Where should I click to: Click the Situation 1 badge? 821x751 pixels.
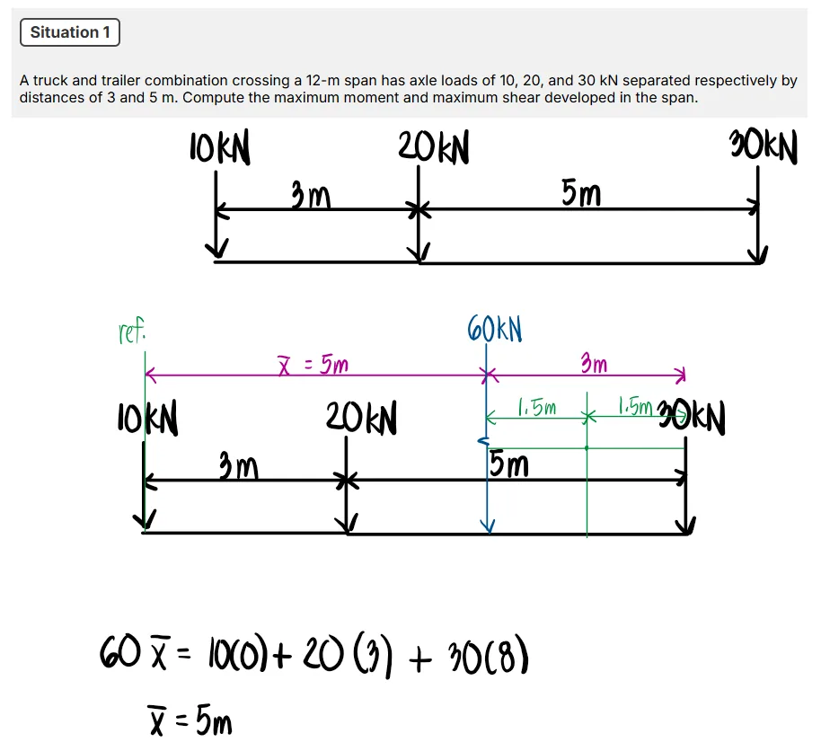coord(69,33)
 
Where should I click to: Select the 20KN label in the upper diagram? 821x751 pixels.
coord(433,148)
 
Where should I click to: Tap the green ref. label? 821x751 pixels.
coord(132,333)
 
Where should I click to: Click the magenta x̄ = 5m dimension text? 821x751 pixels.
coord(313,365)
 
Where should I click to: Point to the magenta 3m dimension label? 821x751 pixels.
coord(593,364)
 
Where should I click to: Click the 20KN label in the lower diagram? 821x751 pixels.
coord(361,418)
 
